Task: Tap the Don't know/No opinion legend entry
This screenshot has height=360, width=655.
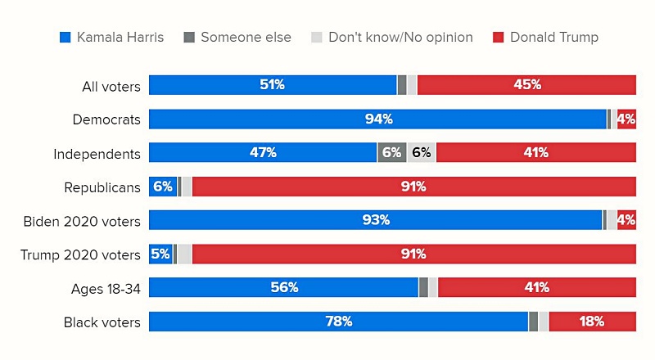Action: click(392, 37)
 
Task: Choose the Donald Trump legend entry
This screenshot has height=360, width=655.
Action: click(545, 37)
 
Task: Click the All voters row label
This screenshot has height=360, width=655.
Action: click(111, 86)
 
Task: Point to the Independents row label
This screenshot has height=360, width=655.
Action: click(97, 153)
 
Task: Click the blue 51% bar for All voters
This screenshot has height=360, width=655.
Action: click(273, 85)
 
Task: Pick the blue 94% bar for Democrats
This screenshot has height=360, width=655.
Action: click(377, 119)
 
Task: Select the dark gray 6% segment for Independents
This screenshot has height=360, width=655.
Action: click(391, 153)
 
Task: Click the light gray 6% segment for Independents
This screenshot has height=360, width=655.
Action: click(421, 153)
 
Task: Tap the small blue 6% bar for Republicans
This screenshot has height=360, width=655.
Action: click(162, 187)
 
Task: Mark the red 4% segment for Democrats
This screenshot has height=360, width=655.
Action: click(626, 119)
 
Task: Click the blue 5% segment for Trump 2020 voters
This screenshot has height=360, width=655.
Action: click(160, 254)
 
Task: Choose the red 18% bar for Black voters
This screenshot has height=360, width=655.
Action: click(592, 322)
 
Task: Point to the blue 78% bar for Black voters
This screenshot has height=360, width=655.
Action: click(338, 322)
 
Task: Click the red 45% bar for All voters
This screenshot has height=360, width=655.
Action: click(526, 85)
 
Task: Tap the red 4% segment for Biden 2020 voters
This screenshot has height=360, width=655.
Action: click(626, 220)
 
